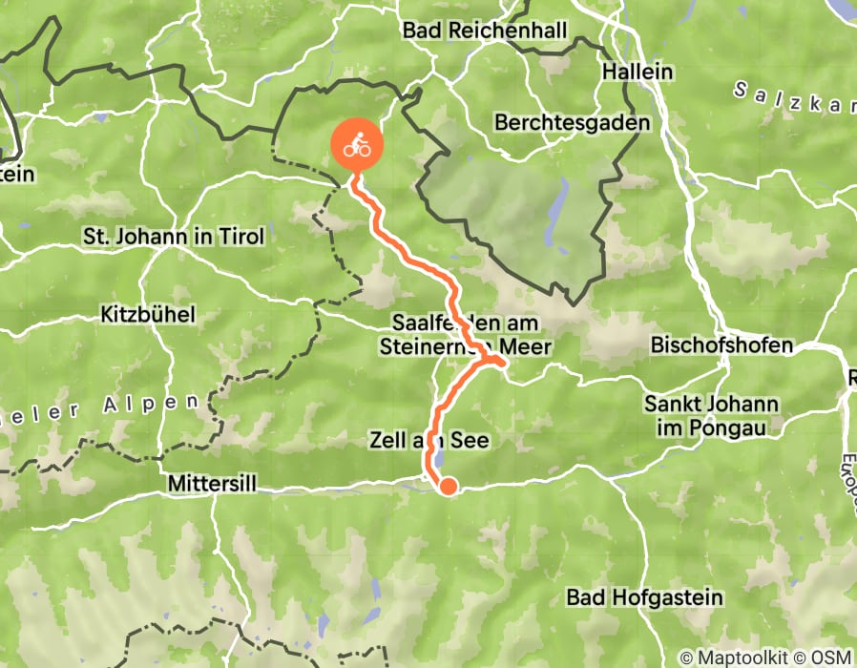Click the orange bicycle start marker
(357, 147)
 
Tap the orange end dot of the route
(447, 487)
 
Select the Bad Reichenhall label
(485, 31)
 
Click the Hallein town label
(638, 73)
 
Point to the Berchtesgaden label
(573, 123)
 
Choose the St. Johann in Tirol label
(174, 235)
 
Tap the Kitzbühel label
(148, 314)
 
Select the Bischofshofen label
(721, 345)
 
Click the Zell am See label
(428, 440)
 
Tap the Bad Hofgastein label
(646, 598)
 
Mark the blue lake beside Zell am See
(437, 460)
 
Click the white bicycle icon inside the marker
(357, 145)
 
